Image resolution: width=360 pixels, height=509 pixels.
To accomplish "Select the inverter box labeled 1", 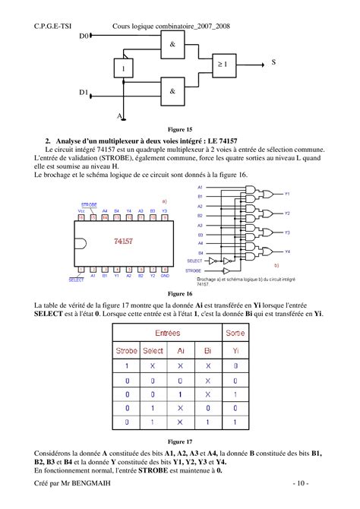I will point(122,69).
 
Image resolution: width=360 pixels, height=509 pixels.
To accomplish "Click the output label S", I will point(273,63).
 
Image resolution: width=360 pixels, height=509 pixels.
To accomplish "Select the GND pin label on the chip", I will point(165,275).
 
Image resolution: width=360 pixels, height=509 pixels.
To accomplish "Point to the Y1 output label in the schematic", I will point(287,194).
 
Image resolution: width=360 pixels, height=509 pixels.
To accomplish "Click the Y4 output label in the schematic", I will point(287,251).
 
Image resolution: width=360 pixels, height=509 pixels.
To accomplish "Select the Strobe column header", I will point(127,350).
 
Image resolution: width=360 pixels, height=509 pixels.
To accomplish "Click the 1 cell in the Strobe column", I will point(127,366).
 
